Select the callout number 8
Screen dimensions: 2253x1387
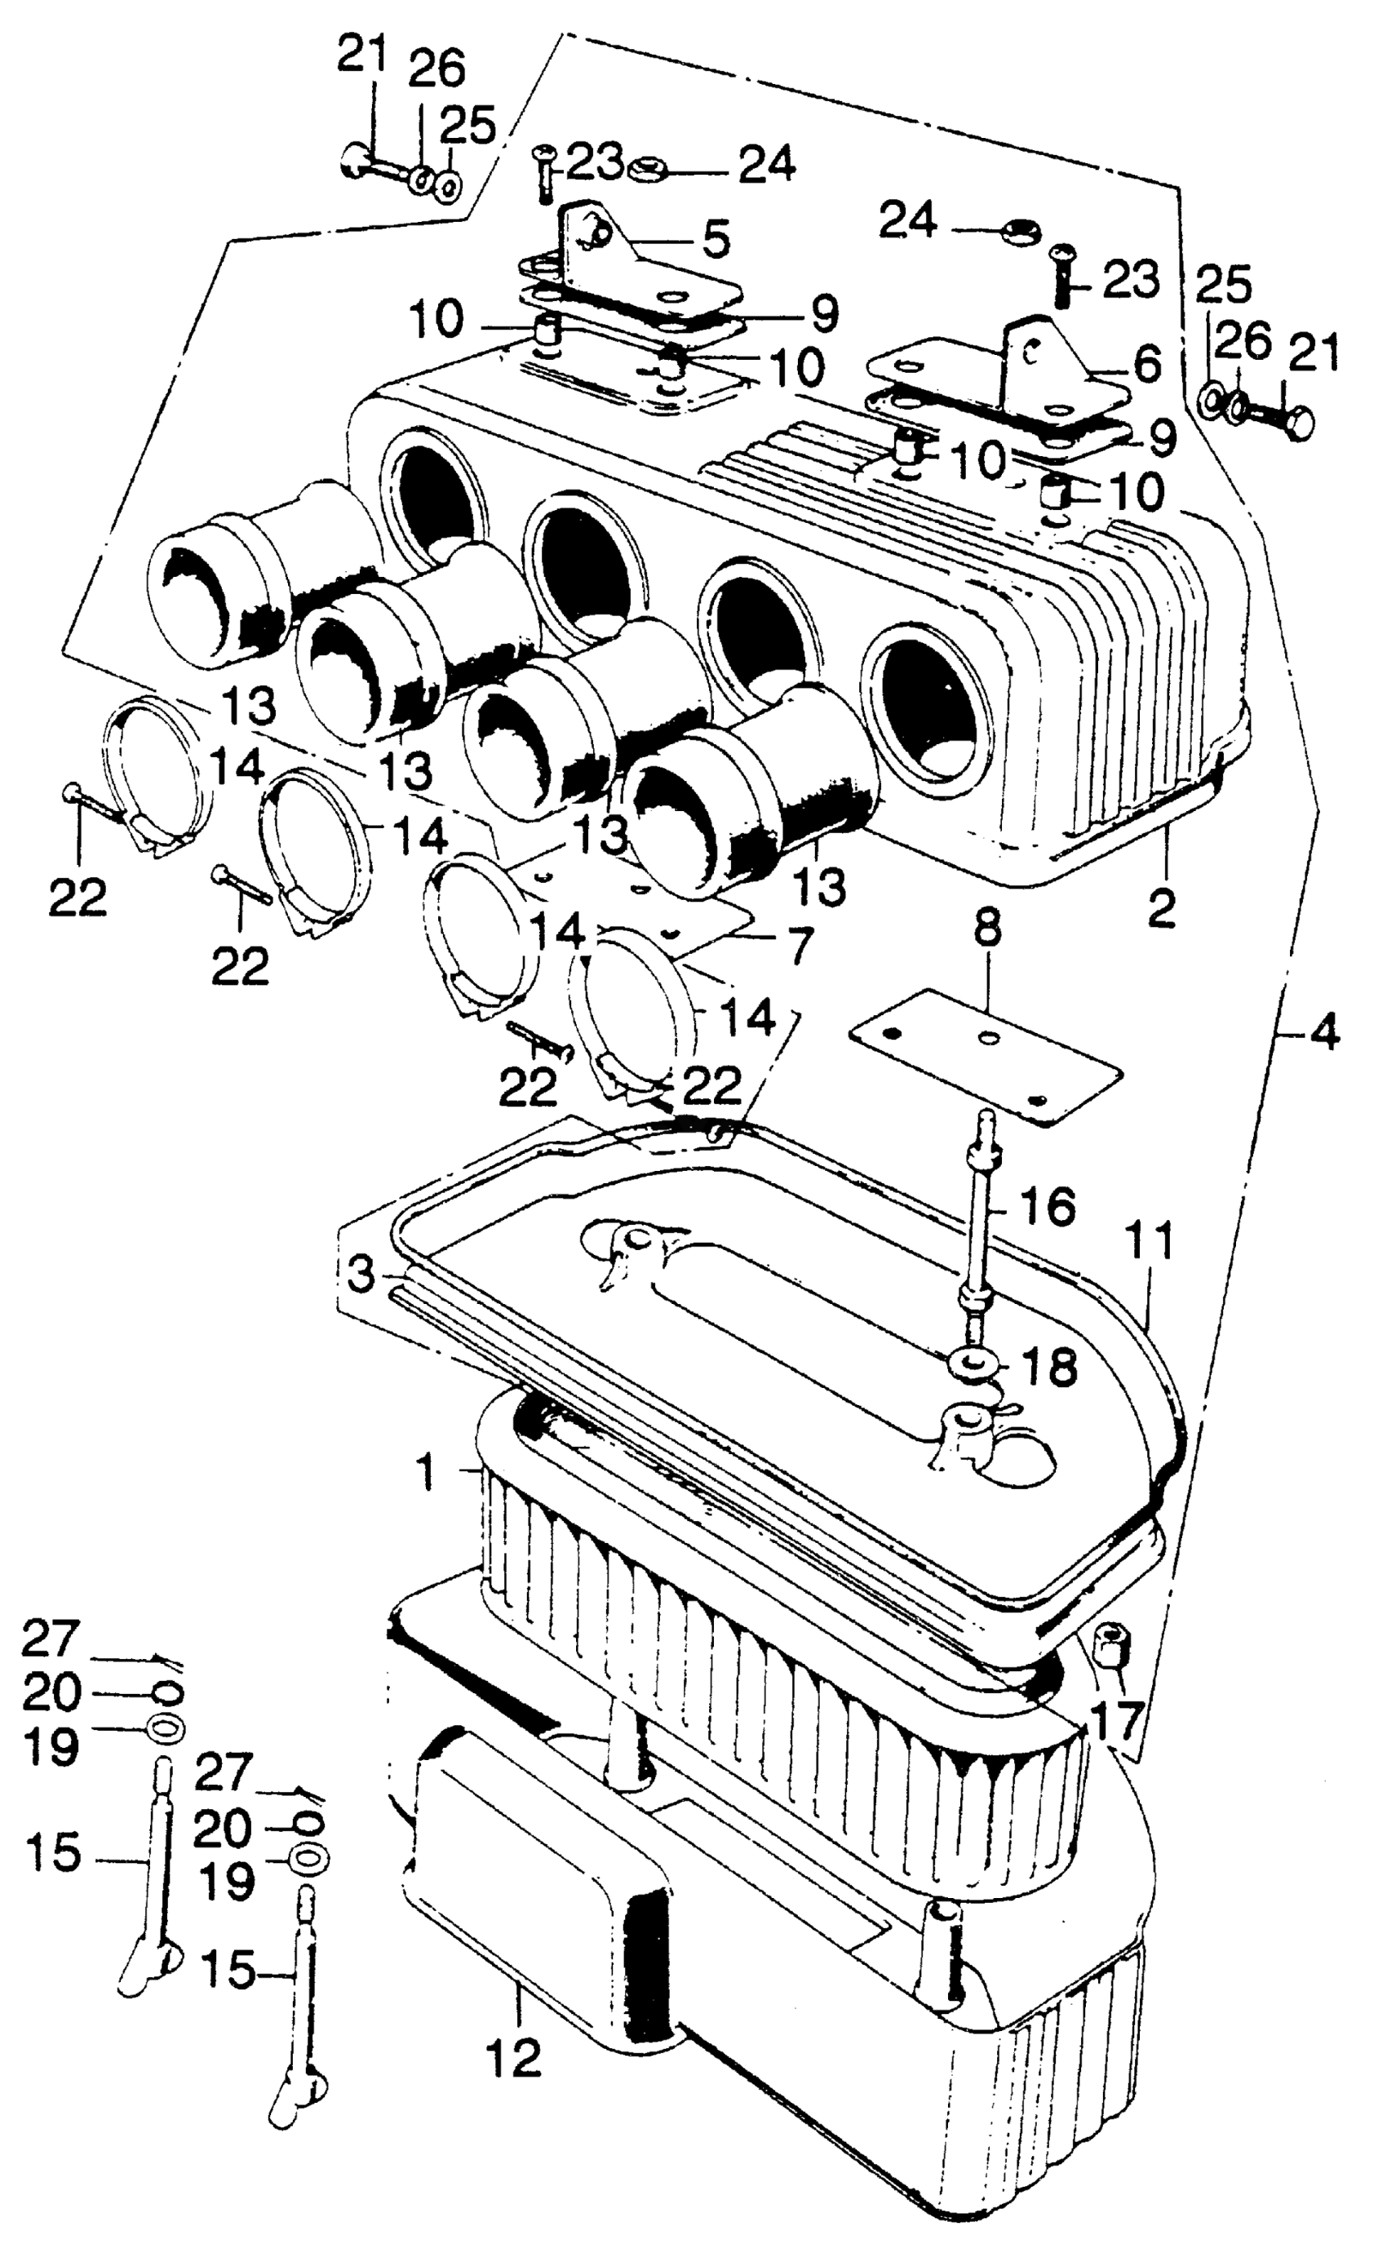tap(987, 931)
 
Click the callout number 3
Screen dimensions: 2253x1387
tap(362, 1275)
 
